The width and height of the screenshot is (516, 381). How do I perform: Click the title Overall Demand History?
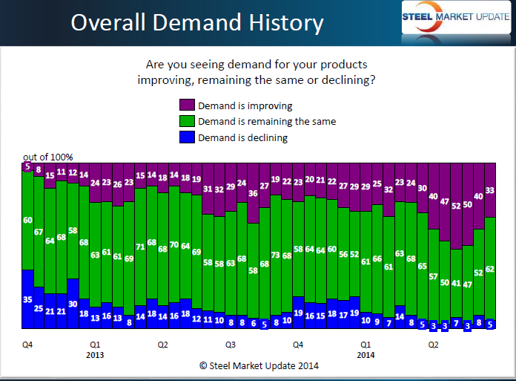click(x=196, y=23)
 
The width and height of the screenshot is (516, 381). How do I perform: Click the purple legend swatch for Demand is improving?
click(x=186, y=106)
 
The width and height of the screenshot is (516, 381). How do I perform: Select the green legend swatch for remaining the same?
click(x=186, y=122)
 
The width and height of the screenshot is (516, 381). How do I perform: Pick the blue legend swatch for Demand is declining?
click(x=186, y=137)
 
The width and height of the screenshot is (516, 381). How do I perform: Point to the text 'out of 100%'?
click(x=47, y=157)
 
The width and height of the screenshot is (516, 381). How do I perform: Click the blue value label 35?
click(x=27, y=299)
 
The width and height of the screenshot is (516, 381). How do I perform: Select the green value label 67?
click(x=39, y=232)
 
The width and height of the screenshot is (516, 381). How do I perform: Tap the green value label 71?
click(x=140, y=247)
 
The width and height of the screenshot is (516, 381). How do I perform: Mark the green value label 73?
click(x=275, y=256)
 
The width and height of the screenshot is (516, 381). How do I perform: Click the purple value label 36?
click(x=252, y=194)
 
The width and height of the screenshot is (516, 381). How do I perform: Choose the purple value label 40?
click(x=479, y=196)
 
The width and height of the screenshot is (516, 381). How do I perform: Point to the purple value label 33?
click(x=490, y=190)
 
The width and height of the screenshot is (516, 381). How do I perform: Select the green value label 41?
click(x=456, y=283)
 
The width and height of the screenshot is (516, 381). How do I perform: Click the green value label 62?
click(x=490, y=269)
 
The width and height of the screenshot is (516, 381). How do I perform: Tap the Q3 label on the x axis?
click(x=231, y=345)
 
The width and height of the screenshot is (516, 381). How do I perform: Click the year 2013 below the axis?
click(x=95, y=355)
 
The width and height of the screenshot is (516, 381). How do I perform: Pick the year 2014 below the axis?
click(x=365, y=355)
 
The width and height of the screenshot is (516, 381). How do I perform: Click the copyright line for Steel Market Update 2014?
click(x=257, y=366)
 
